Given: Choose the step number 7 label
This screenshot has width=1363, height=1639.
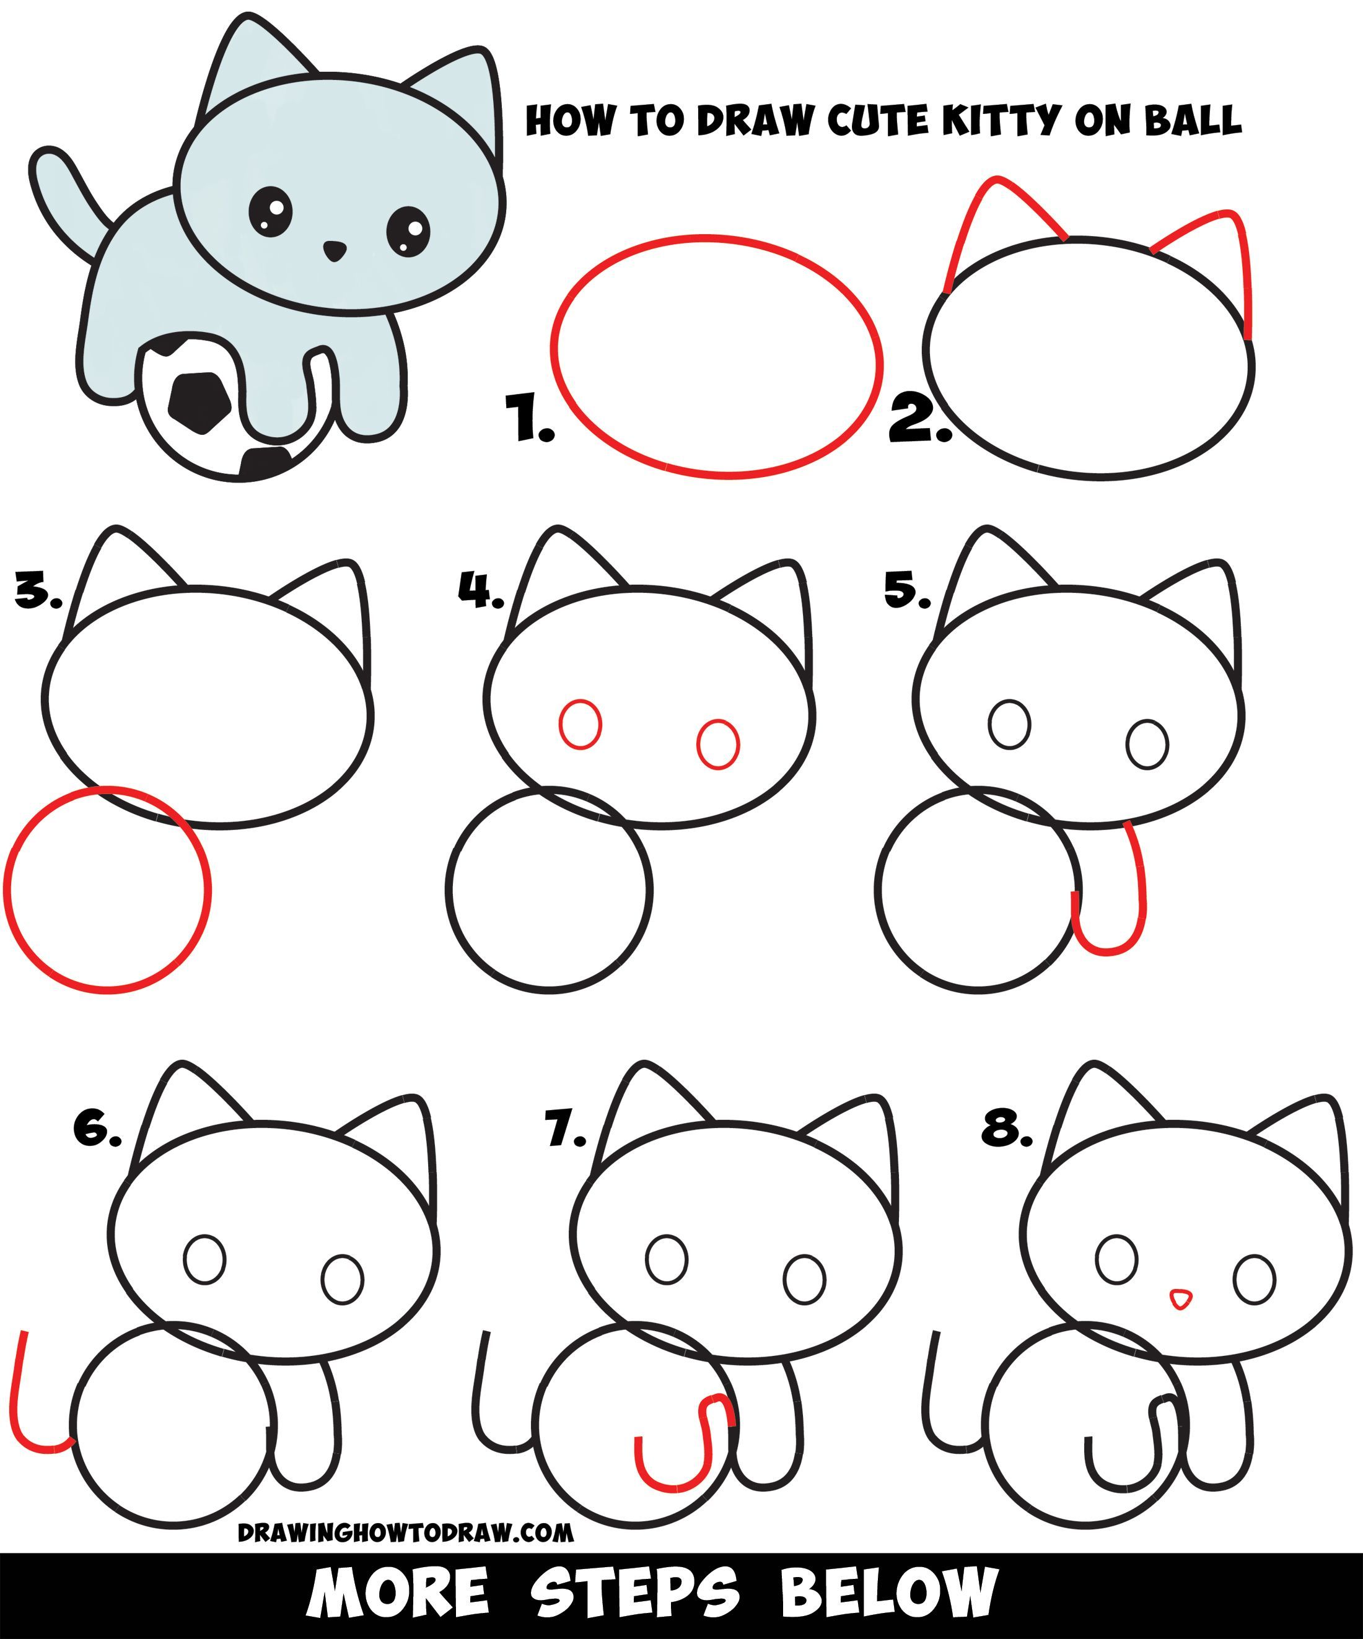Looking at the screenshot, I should click(x=564, y=1131).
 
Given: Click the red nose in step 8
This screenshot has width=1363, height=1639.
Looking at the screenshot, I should click(x=1181, y=1300).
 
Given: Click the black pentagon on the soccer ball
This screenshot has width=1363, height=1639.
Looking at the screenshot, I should click(x=201, y=403).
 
